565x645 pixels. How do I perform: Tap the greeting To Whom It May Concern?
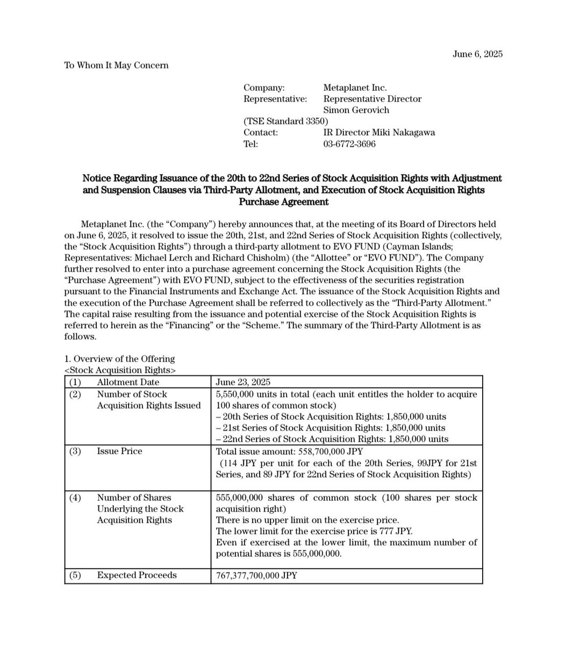point(116,65)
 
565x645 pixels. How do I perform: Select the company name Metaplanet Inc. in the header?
point(355,87)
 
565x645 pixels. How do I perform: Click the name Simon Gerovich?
point(356,110)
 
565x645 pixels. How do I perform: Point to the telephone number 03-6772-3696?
point(349,144)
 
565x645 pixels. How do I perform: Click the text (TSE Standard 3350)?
point(285,121)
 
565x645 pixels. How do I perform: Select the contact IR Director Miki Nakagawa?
point(379,132)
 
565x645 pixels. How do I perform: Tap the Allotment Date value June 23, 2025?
point(243,382)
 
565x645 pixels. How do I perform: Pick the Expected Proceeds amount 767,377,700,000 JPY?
point(256,575)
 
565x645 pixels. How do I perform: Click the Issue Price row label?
point(119,451)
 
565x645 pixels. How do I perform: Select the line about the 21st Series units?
point(331,428)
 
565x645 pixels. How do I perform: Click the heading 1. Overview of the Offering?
point(119,359)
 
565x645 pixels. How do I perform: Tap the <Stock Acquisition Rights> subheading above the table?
point(120,370)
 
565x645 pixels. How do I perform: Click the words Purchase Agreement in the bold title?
point(283,202)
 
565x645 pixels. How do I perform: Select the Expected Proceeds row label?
point(137,575)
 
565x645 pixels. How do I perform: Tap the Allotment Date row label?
point(128,382)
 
